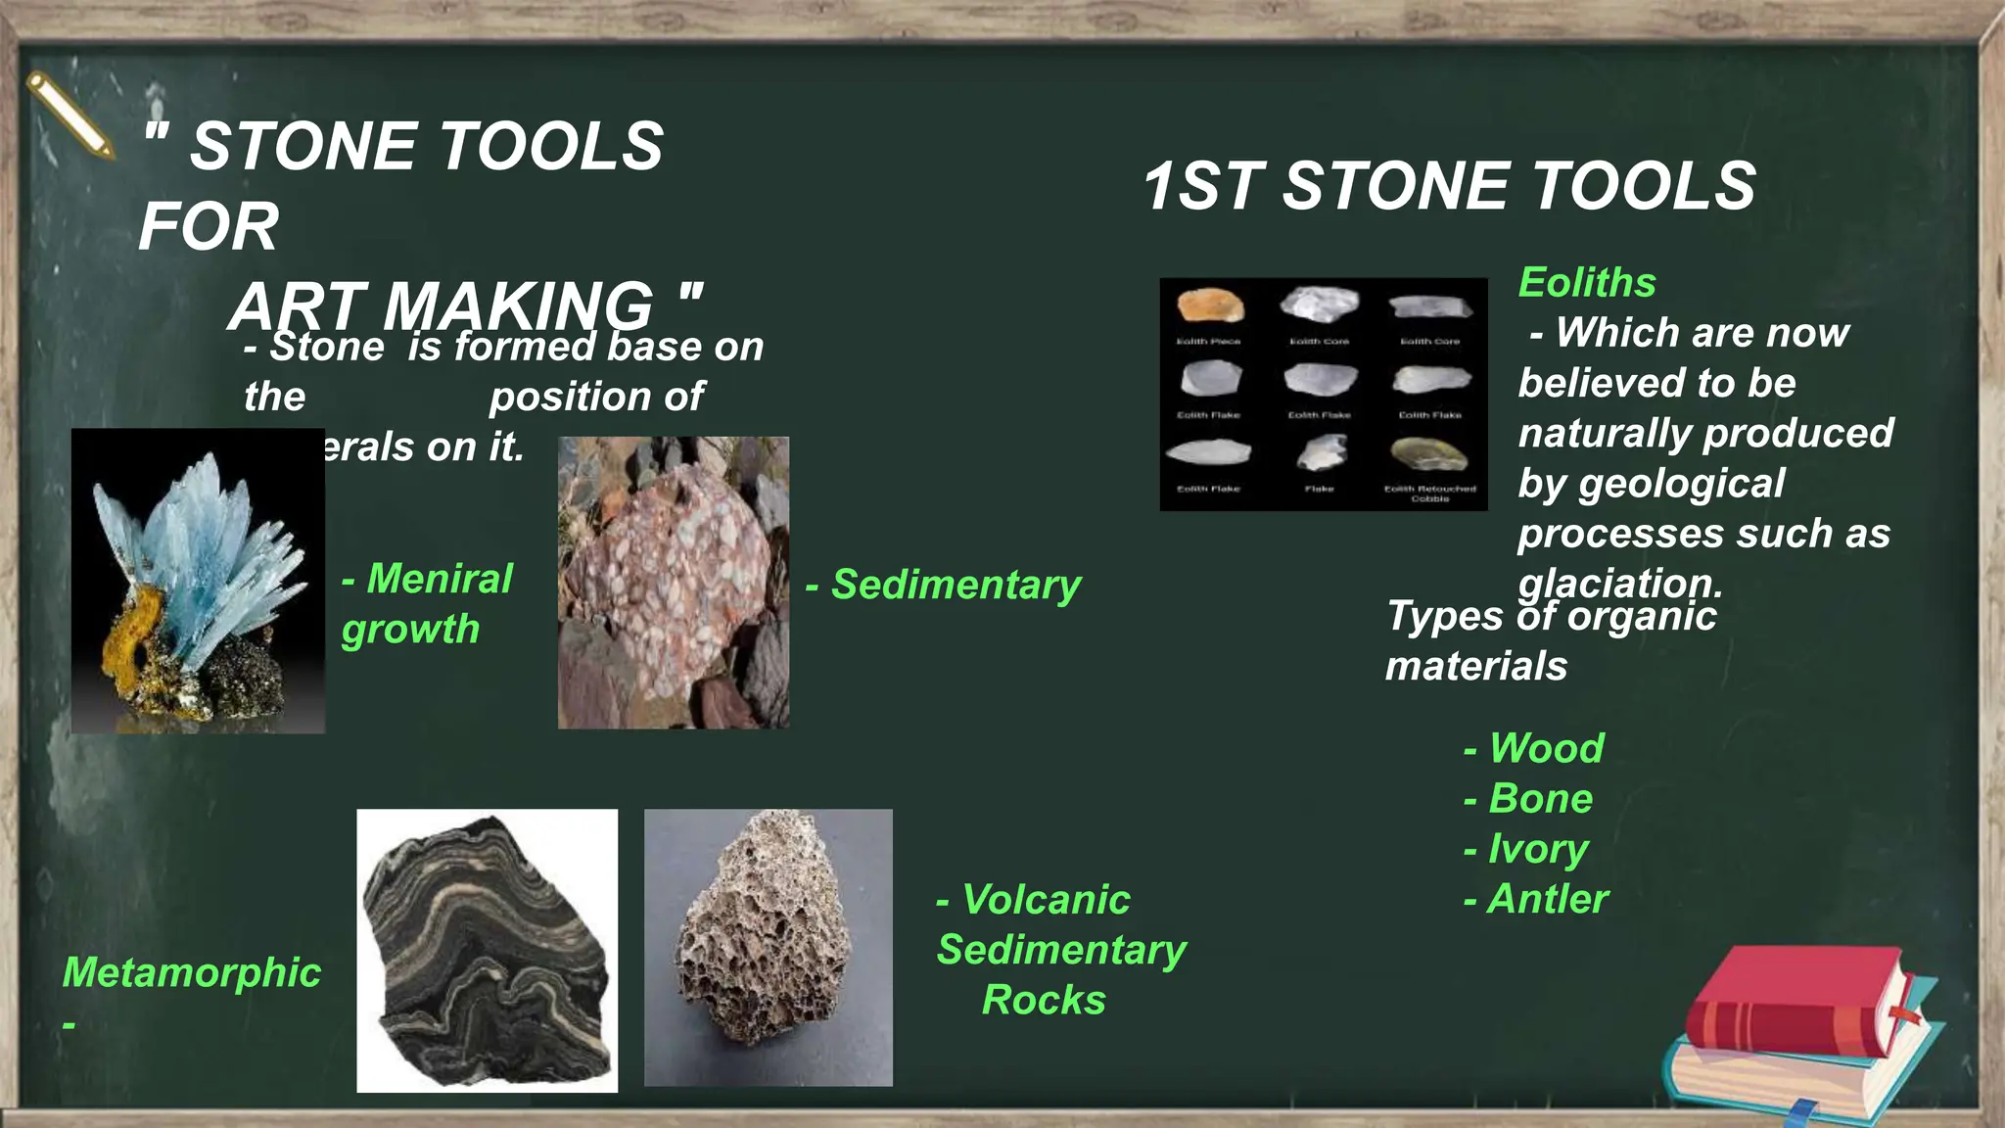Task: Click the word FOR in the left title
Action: pyautogui.click(x=210, y=226)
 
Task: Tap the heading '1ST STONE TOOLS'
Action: pyautogui.click(x=1449, y=186)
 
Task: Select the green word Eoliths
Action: pyautogui.click(x=1587, y=282)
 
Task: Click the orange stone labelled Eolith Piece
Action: pyautogui.click(x=1210, y=305)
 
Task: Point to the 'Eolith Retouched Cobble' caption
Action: pyautogui.click(x=1429, y=493)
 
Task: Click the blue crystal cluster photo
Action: pyautogui.click(x=198, y=580)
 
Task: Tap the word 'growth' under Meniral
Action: pyautogui.click(x=410, y=629)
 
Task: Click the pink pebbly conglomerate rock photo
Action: pyautogui.click(x=674, y=582)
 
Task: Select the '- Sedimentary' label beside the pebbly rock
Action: pyautogui.click(x=944, y=585)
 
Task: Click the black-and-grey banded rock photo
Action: pyautogui.click(x=487, y=950)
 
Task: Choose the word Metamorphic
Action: pyautogui.click(x=192, y=972)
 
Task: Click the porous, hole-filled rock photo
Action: pyautogui.click(x=768, y=947)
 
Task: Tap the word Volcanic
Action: pyautogui.click(x=1046, y=900)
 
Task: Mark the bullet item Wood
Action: pyautogui.click(x=1546, y=748)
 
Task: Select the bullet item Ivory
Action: pyautogui.click(x=1538, y=849)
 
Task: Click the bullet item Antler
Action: pyautogui.click(x=1547, y=899)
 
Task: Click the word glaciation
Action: pyautogui.click(x=1619, y=584)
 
